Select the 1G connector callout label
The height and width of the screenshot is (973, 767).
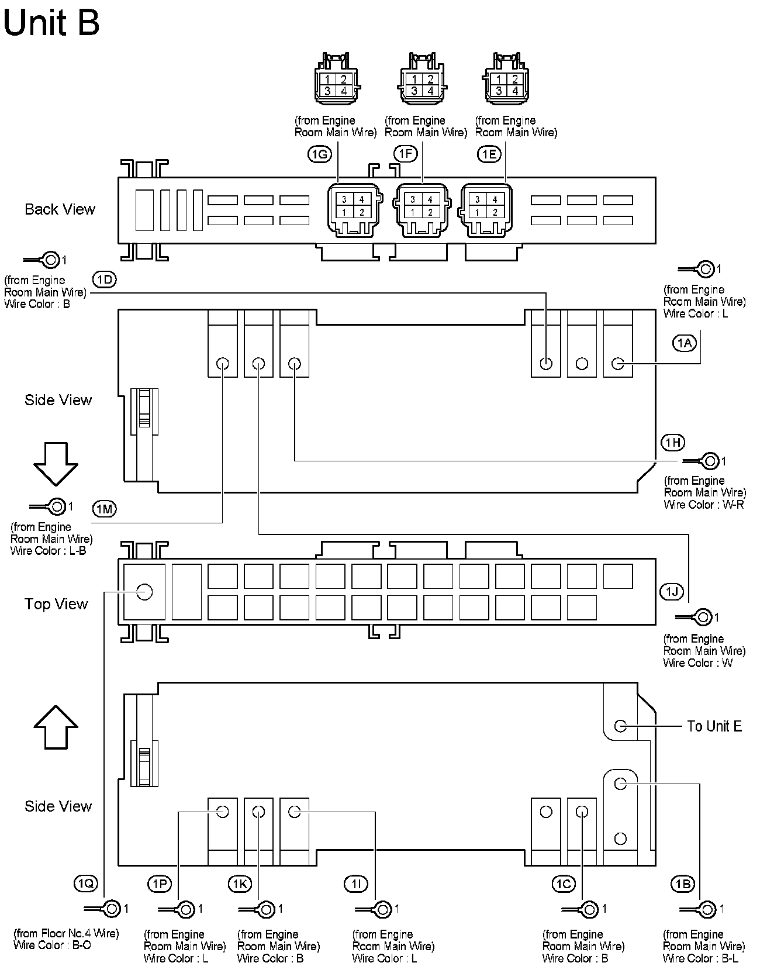coord(319,154)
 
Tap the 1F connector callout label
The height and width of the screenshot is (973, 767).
coord(405,154)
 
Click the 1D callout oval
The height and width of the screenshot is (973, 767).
coord(104,280)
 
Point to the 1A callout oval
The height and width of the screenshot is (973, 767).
coord(684,343)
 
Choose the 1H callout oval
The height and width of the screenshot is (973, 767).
coord(673,442)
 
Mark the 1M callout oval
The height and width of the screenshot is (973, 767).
coord(104,509)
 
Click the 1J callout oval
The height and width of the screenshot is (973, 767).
coord(672,592)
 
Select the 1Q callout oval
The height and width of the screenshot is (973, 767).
coord(86,884)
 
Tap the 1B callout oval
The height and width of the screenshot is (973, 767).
coord(683,884)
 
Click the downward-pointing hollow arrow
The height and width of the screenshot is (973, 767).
coord(56,464)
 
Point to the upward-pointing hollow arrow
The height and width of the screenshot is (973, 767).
coord(56,727)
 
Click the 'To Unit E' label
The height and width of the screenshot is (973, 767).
coord(714,726)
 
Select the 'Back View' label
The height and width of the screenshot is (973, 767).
coord(60,209)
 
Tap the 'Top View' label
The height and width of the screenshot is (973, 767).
coord(56,604)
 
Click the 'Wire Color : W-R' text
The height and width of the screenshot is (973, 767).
coord(704,505)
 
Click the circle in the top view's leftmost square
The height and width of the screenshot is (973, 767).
coord(144,592)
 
